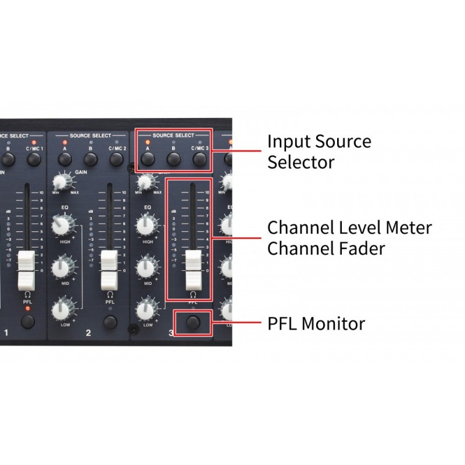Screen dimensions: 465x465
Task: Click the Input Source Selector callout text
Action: pos(319,152)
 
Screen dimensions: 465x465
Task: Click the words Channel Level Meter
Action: pos(349,227)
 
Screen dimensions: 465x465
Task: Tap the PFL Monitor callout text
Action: pos(316,323)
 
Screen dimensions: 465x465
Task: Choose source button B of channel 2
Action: pos(91,158)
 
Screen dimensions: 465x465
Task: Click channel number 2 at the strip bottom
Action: pos(88,333)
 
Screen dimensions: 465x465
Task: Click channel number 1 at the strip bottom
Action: pos(6,333)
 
